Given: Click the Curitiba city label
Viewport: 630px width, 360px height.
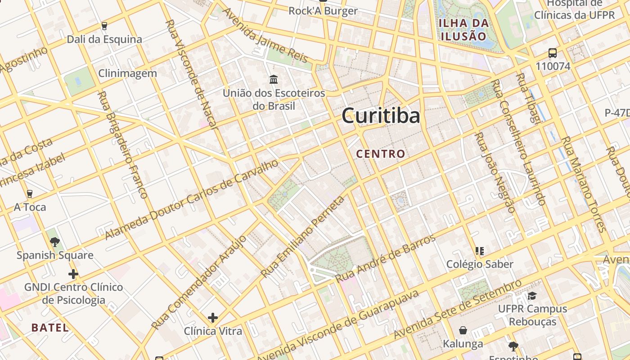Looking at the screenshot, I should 381,116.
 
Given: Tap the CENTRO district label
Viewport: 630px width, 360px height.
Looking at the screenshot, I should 381,154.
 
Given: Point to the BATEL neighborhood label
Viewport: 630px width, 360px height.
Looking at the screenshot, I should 50,328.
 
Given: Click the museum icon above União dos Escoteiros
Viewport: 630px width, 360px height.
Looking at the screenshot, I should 274,80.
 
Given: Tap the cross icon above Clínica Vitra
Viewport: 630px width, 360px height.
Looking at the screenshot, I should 213,318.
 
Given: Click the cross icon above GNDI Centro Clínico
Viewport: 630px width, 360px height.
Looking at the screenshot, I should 73,274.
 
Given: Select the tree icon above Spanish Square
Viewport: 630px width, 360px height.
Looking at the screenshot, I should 55,242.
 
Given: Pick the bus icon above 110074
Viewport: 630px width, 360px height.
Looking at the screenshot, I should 553,53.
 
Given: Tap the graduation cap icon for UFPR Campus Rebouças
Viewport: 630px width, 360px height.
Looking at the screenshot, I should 532,296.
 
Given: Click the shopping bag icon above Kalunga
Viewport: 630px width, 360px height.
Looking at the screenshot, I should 463,331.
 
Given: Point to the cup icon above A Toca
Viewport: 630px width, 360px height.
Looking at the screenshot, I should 30,194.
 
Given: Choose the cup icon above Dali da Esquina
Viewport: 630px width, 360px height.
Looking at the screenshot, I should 104,26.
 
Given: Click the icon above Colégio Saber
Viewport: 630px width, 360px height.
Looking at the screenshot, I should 480,251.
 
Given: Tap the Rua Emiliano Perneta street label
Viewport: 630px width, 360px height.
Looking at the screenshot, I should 302,237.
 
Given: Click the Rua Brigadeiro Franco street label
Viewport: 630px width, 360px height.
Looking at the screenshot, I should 123,145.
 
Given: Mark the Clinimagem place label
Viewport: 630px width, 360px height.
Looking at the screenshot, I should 127,73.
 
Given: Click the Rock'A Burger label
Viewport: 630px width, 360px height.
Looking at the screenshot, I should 323,11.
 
